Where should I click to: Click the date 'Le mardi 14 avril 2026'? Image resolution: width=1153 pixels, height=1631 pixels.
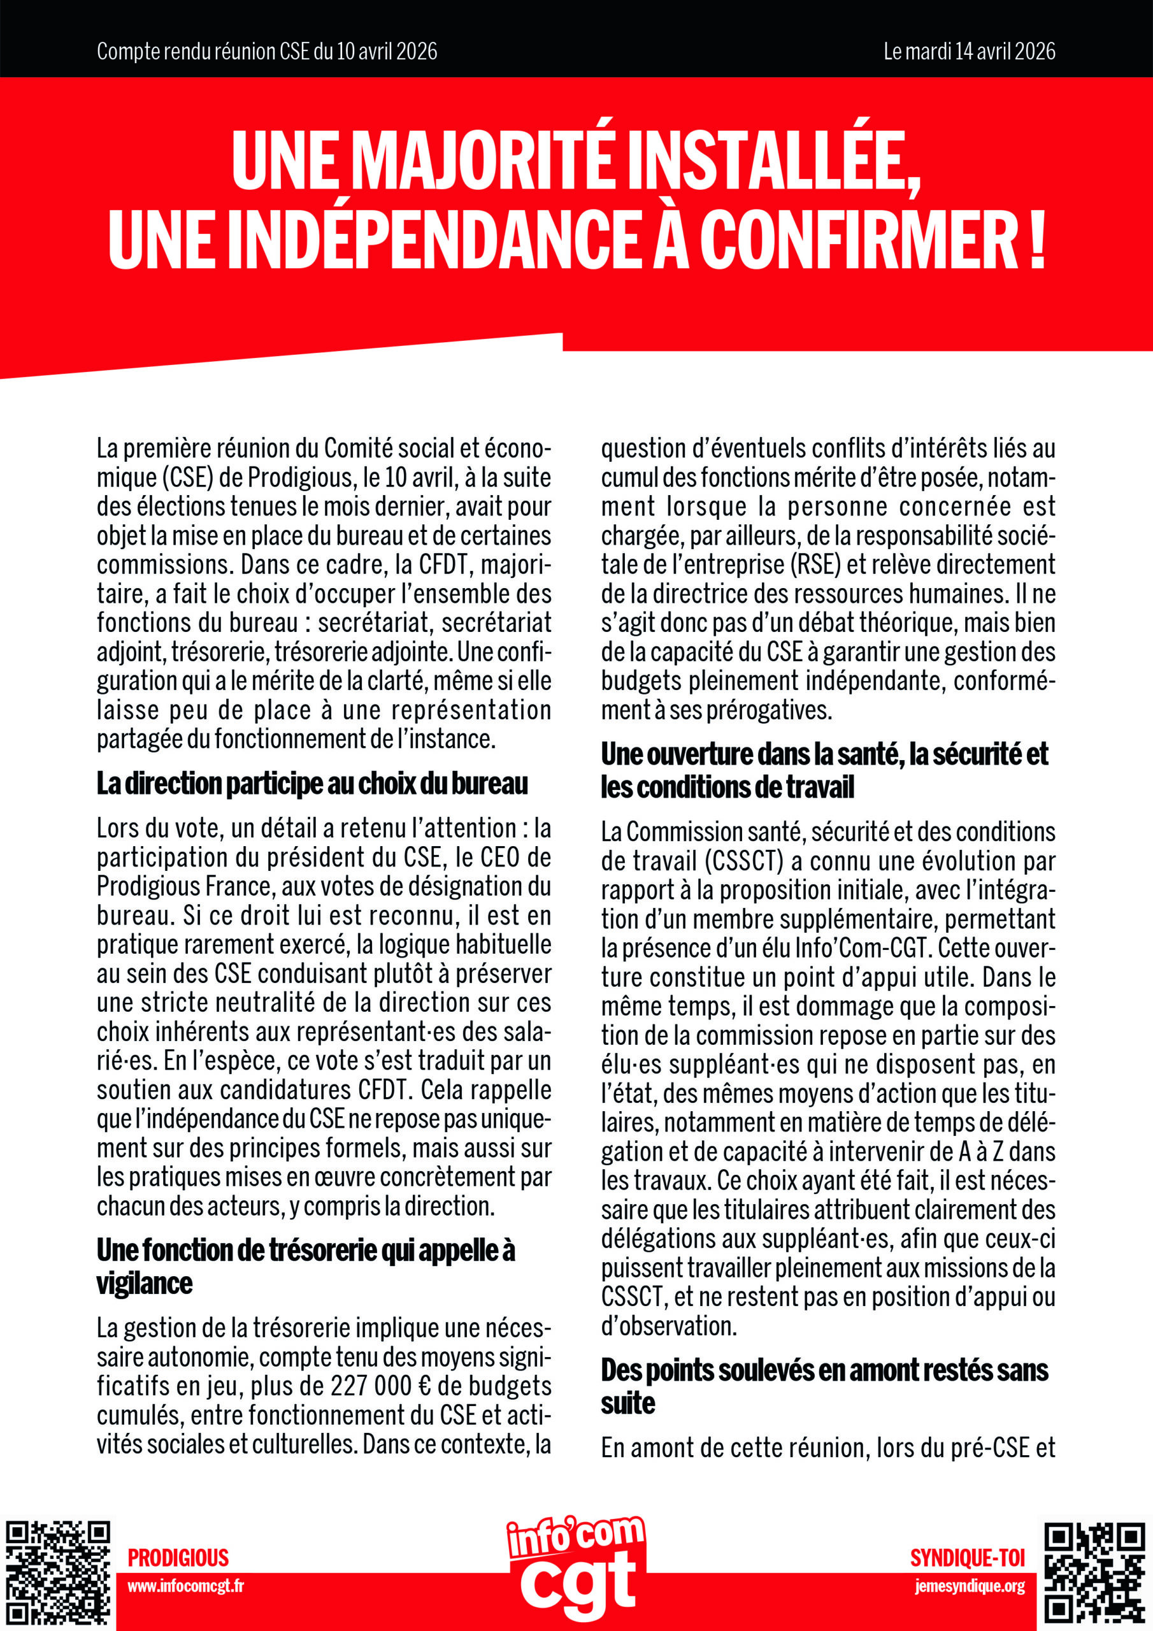[969, 51]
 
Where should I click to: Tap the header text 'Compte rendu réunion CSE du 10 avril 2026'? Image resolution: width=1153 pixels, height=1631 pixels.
[266, 51]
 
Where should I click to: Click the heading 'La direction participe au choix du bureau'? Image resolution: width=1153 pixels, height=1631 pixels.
[312, 784]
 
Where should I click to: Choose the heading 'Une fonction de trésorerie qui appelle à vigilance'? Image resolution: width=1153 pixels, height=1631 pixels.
[306, 1267]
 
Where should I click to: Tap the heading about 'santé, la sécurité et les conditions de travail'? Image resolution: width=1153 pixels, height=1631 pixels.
[824, 770]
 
